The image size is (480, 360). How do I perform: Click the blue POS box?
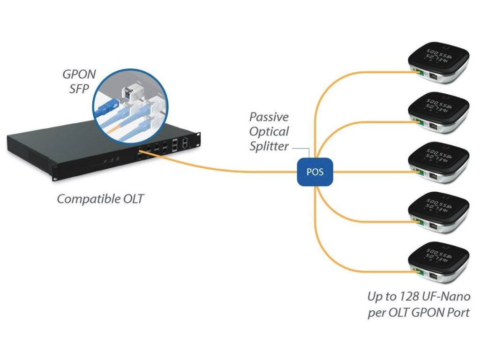tap(315, 172)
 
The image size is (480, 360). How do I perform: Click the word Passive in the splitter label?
tap(269, 117)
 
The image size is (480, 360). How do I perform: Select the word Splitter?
tap(269, 146)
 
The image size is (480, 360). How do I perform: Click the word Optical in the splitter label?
tap(269, 132)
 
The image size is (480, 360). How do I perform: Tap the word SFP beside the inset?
tap(79, 88)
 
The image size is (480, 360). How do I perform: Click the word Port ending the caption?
tap(457, 313)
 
